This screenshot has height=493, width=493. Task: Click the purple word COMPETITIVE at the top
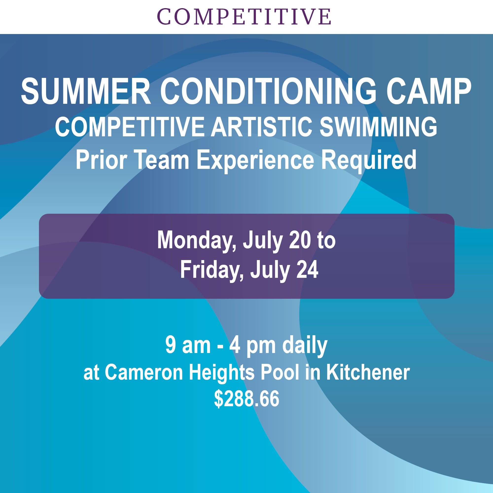click(x=244, y=17)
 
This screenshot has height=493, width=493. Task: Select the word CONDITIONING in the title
click(x=268, y=91)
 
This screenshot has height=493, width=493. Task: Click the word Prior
click(x=101, y=160)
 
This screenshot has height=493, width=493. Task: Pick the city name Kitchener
click(x=368, y=373)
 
